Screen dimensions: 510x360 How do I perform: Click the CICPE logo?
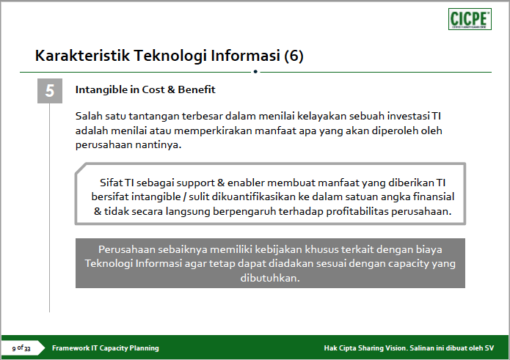[470, 19]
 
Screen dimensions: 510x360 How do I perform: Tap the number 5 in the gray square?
[50, 91]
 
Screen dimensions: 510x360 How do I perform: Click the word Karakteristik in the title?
[83, 55]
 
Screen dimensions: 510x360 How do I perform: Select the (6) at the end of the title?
[294, 56]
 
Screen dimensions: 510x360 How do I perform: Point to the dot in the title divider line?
[255, 71]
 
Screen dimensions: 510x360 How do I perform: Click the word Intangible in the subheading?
[101, 89]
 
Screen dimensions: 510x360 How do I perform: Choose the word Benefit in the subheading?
[197, 89]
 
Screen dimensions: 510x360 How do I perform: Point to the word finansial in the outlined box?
[434, 196]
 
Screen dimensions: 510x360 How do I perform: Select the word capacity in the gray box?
[409, 263]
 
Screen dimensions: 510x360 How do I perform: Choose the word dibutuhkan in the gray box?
[270, 278]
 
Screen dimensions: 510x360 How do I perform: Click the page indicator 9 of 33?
[21, 348]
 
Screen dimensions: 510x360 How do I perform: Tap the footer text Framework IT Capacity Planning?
[106, 348]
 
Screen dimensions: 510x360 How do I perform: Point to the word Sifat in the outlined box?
[111, 183]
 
